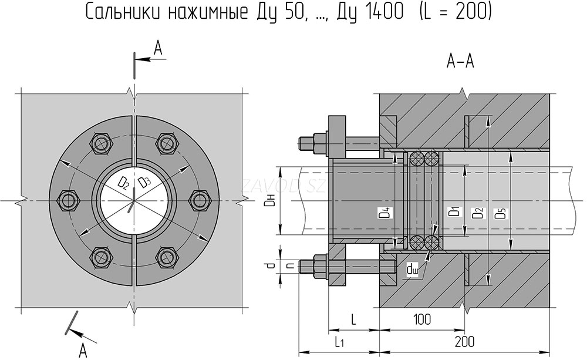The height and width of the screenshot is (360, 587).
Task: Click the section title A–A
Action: click(x=461, y=61)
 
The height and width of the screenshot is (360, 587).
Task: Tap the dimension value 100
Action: click(x=421, y=319)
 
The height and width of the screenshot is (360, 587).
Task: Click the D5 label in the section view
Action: click(x=500, y=213)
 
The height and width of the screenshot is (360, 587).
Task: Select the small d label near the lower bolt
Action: click(x=270, y=265)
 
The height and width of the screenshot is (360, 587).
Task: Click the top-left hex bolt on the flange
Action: click(x=102, y=143)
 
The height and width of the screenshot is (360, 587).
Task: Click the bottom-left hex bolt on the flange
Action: click(x=102, y=257)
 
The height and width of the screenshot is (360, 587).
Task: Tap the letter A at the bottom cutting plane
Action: click(x=83, y=351)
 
